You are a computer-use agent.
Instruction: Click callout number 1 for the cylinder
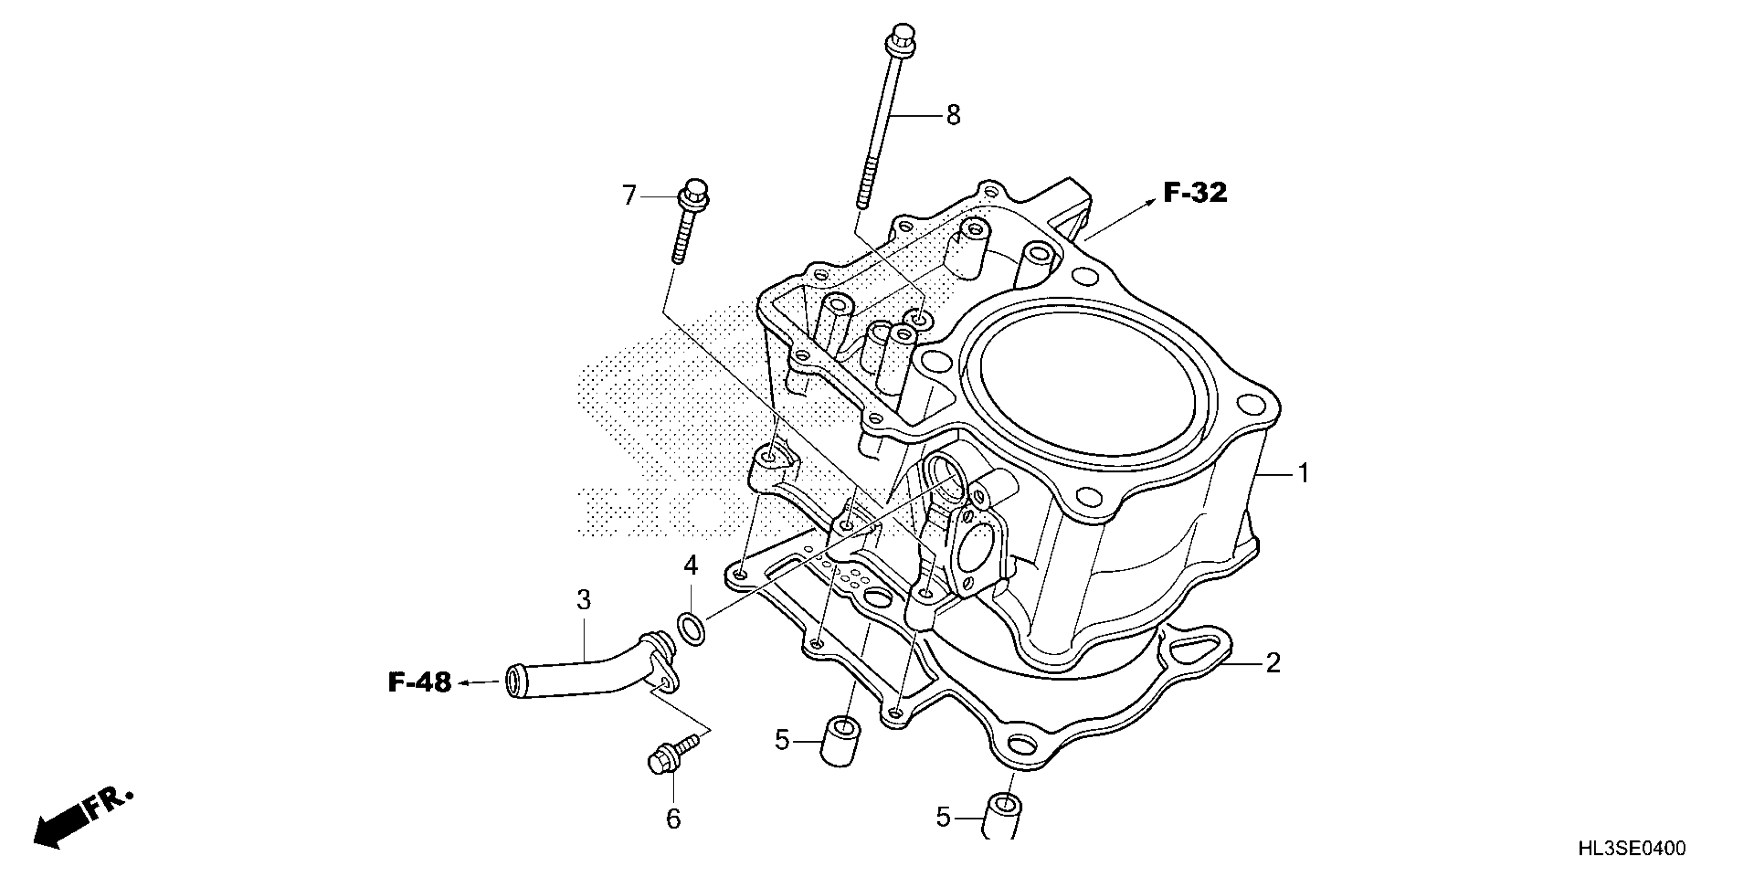pos(1303,473)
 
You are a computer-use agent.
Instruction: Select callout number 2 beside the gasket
pos(1273,662)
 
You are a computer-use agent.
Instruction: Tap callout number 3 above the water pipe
pos(583,600)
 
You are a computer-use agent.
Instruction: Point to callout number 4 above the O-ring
pos(690,565)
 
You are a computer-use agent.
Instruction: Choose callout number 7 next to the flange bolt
pos(629,196)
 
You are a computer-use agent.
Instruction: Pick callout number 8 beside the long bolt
pos(953,115)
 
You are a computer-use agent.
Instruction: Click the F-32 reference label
pos(1194,193)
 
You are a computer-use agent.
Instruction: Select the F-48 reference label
pos(419,683)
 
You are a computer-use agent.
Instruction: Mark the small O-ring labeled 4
pos(692,629)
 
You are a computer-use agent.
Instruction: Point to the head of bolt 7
pos(694,191)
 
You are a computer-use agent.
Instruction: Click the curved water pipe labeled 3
pos(586,674)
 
